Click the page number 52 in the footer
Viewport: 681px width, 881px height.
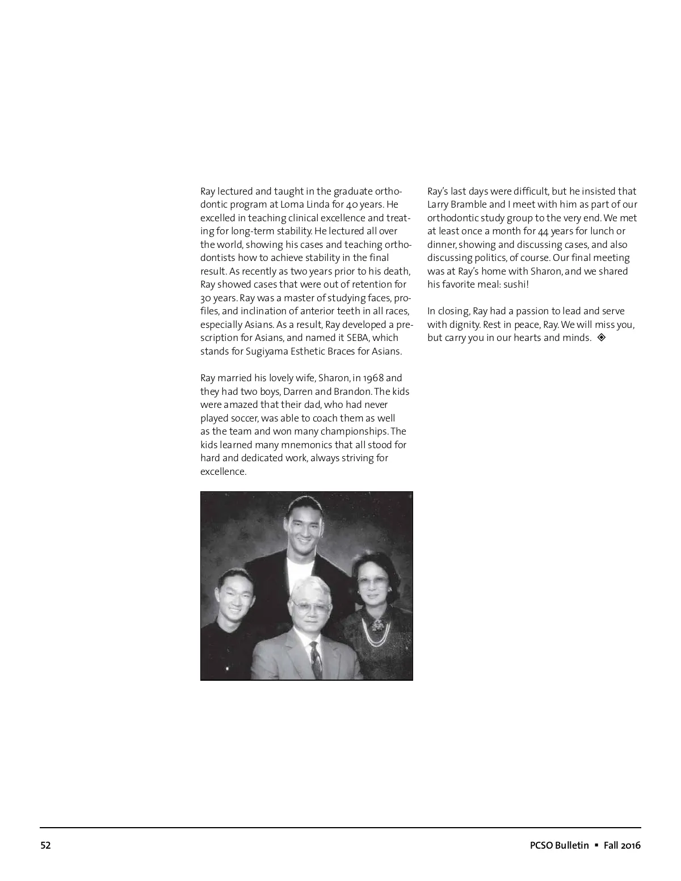coord(45,845)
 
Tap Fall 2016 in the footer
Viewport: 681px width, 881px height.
coord(622,845)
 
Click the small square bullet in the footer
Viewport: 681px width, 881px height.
coord(596,845)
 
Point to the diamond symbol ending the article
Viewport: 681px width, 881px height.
coord(602,338)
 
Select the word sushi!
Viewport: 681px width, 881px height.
coord(516,284)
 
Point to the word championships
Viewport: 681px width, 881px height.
coord(360,431)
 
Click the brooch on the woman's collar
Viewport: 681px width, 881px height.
coord(377,625)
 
